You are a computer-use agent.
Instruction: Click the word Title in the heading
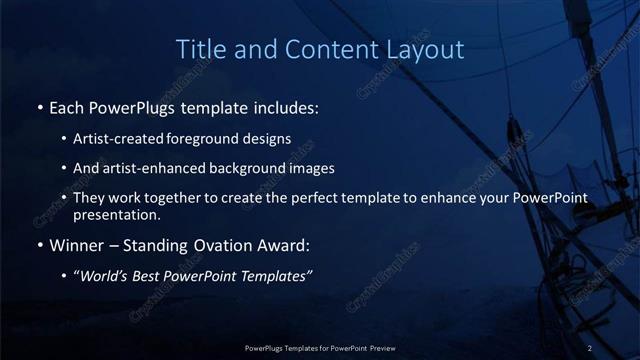(200, 49)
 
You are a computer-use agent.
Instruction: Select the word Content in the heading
(324, 49)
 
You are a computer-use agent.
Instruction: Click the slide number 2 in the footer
(590, 348)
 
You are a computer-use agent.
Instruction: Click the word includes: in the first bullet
(285, 106)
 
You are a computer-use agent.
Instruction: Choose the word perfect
(326, 198)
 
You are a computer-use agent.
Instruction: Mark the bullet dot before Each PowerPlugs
(39, 107)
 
